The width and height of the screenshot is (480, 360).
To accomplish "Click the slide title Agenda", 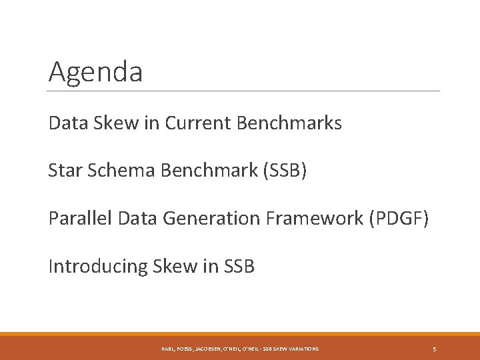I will point(95,72).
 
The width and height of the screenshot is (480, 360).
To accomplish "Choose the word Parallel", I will point(77,219).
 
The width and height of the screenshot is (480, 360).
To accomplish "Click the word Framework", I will point(307,219).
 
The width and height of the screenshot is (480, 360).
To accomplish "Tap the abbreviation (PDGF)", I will point(393,219).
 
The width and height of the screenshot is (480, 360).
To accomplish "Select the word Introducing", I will point(97,267).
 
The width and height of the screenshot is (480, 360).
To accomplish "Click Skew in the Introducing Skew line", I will point(172,267).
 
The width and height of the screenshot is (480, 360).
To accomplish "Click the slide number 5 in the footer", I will point(434,349).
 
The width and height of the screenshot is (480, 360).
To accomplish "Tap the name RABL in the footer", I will point(169,349).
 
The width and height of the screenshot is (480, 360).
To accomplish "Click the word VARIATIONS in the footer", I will point(302,349).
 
